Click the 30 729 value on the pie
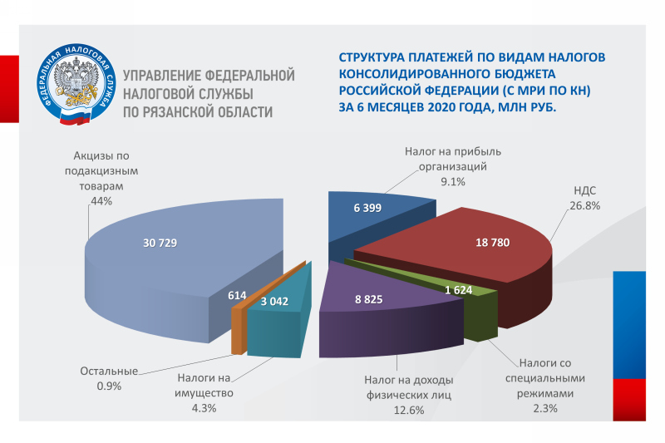[x=160, y=243]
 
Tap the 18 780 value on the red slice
[x=492, y=243]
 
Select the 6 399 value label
[x=367, y=208]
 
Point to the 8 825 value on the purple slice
[x=368, y=299]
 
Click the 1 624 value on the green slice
[x=459, y=290]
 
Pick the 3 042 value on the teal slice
[x=274, y=302]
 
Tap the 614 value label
[x=237, y=296]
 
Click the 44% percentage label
[x=101, y=201]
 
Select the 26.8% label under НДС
[x=585, y=205]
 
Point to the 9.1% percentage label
[x=453, y=181]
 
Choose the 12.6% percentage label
[x=409, y=410]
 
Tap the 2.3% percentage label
[x=545, y=408]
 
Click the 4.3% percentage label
[x=204, y=408]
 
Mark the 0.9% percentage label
[x=109, y=386]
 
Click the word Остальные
[x=109, y=371]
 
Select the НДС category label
[x=585, y=190]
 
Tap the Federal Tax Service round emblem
[x=76, y=83]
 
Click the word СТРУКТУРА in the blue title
[x=370, y=57]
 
